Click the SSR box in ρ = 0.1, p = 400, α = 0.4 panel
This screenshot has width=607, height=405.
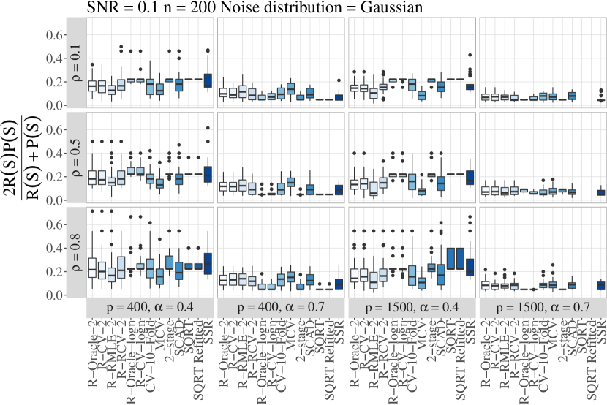(208, 80)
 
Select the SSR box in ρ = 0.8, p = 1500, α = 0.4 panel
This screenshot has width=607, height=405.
(470, 268)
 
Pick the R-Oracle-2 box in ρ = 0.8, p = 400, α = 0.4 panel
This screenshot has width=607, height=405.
(92, 268)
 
